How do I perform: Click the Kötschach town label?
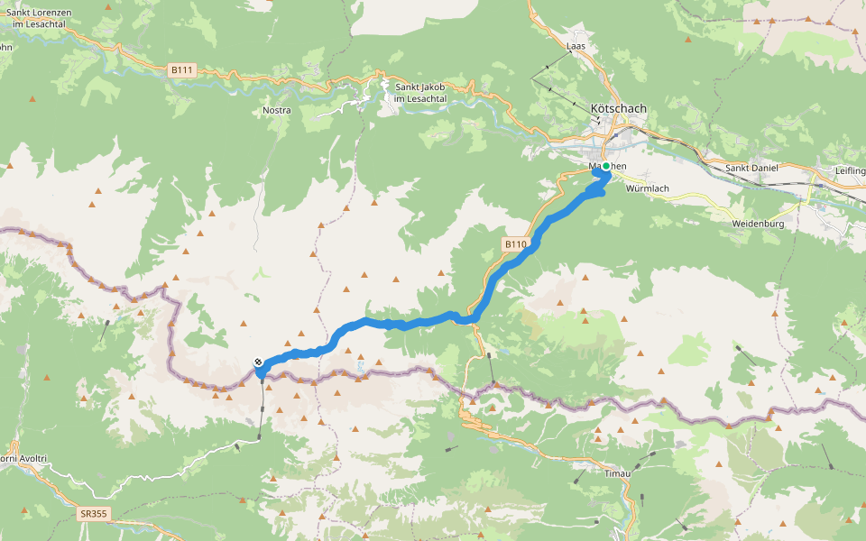(x=618, y=108)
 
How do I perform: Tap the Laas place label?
(x=576, y=45)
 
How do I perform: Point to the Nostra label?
(x=276, y=110)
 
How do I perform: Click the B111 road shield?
(x=182, y=69)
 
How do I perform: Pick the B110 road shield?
(x=515, y=243)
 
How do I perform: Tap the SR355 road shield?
(x=92, y=514)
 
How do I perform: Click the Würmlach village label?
(x=647, y=188)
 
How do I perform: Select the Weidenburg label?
(x=759, y=223)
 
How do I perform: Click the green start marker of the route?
(x=606, y=167)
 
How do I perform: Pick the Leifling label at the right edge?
(x=851, y=170)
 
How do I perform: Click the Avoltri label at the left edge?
(x=20, y=458)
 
